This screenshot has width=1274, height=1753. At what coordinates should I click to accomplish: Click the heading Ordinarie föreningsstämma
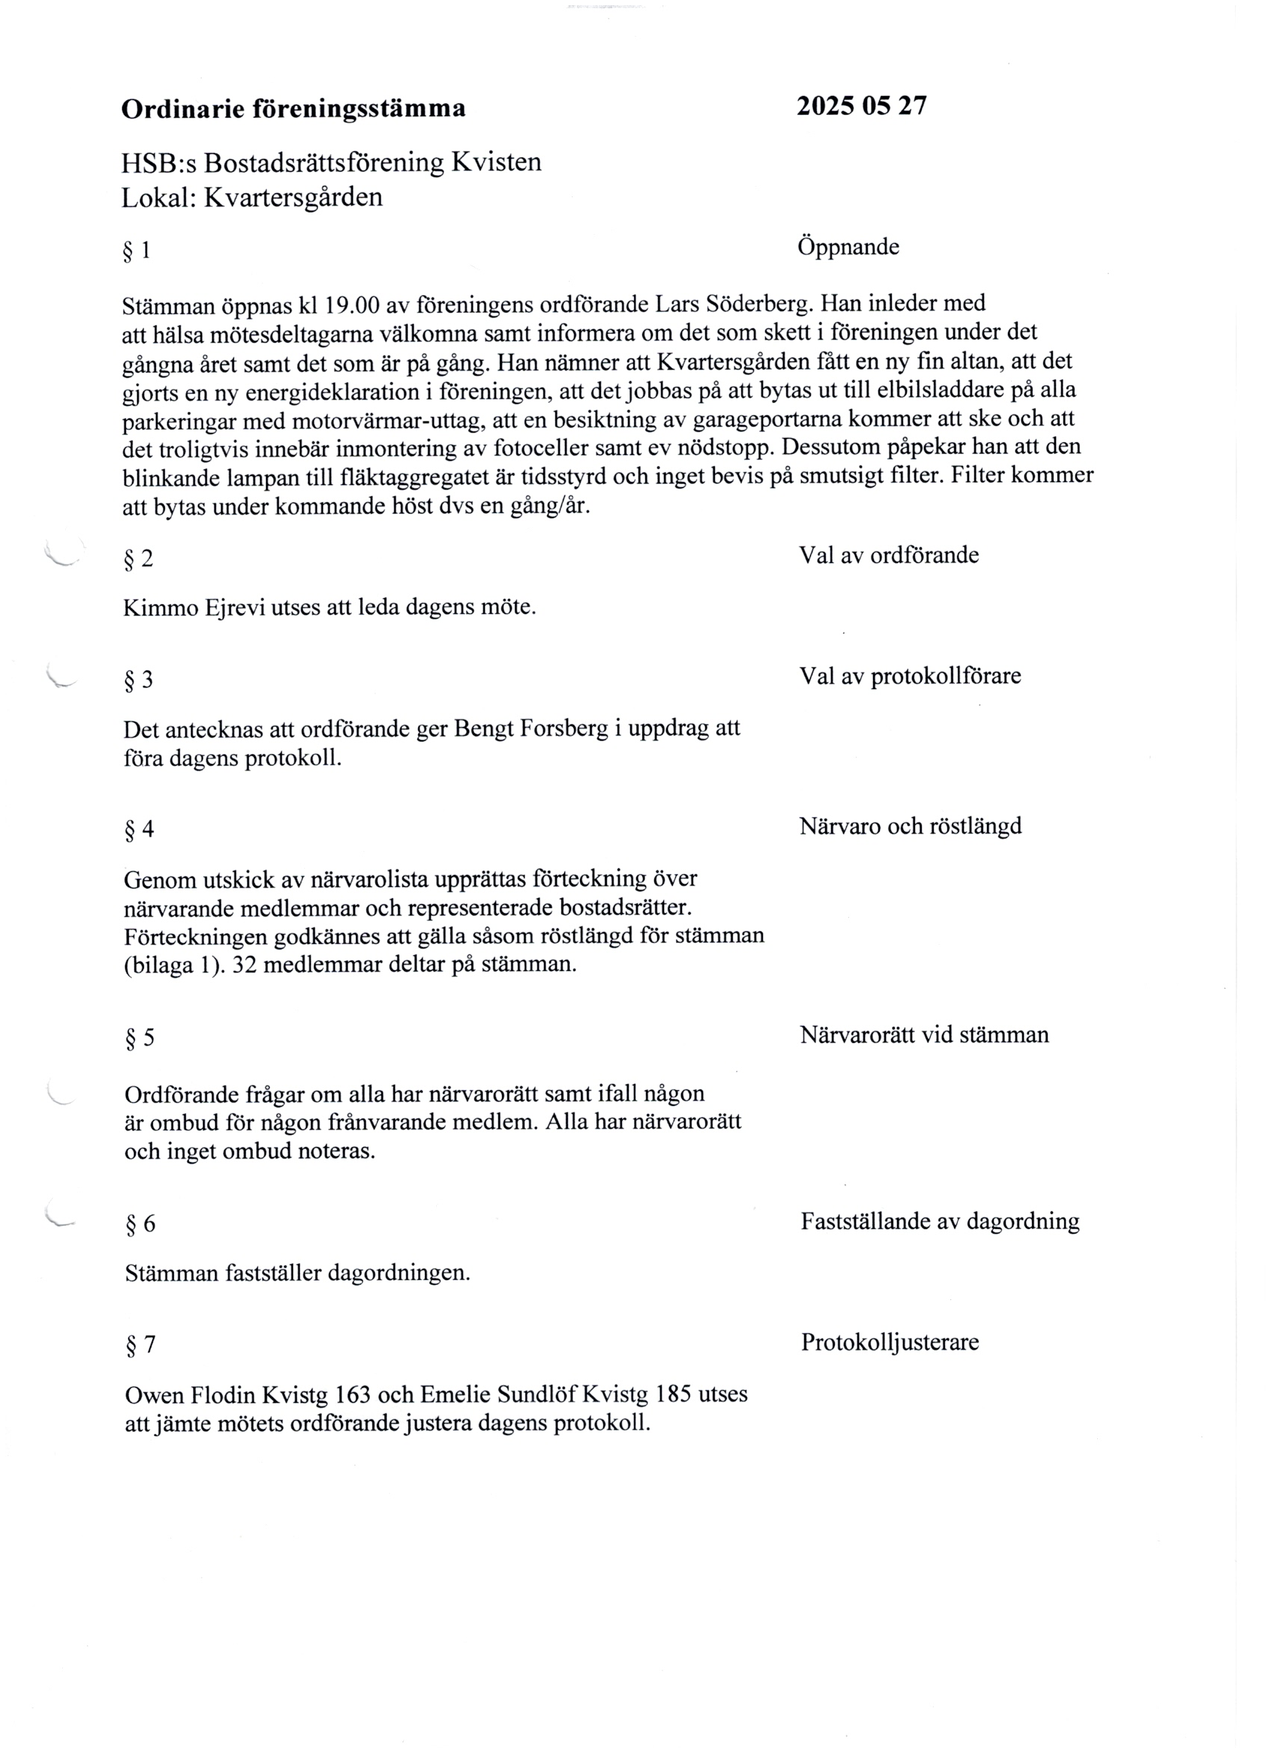pos(294,109)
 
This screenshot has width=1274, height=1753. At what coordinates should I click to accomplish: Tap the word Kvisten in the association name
pos(496,162)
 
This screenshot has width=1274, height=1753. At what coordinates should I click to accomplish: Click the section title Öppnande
pos(848,247)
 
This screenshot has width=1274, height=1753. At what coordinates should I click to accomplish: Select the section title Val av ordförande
pos(889,555)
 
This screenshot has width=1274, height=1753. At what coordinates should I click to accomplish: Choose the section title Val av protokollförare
pos(909,676)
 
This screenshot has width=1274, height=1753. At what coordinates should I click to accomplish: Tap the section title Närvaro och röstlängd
pos(910,826)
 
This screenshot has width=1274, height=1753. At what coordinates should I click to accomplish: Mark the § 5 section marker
pos(140,1037)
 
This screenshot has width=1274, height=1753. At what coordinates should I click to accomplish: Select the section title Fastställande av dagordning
pos(940,1221)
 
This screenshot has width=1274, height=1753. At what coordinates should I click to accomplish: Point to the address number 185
pos(673,1395)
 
